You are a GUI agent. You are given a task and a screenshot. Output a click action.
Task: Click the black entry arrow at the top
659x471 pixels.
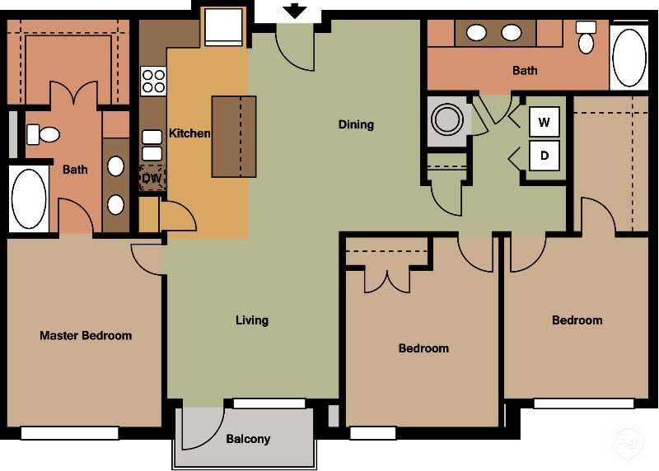tap(295, 11)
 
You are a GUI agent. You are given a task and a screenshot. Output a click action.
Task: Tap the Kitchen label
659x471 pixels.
tap(189, 133)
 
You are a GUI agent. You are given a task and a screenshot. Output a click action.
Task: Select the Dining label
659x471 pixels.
tap(356, 124)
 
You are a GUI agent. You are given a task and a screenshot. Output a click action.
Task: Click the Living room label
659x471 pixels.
tap(252, 320)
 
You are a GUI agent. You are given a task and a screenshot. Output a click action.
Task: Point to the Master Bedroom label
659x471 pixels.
tap(86, 335)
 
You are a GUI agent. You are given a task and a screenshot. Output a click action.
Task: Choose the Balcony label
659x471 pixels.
tap(248, 439)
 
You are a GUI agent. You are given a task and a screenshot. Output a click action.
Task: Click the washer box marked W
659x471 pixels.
tap(544, 123)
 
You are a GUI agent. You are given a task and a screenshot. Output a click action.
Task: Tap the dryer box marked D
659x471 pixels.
tap(544, 155)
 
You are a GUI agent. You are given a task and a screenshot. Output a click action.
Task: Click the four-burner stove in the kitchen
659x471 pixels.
tap(152, 81)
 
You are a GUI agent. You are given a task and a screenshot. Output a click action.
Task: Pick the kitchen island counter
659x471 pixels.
tap(234, 136)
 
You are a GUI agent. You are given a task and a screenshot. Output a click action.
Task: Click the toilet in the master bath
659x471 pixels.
tap(44, 133)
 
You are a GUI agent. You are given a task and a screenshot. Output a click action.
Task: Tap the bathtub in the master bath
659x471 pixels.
tap(29, 200)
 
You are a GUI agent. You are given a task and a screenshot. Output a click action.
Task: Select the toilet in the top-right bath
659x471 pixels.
tap(586, 37)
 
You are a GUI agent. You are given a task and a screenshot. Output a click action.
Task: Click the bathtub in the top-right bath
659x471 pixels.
tap(629, 55)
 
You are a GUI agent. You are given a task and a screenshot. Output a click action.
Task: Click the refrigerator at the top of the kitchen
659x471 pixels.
tap(223, 27)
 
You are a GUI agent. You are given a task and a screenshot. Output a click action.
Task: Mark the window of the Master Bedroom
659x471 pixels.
tap(70, 432)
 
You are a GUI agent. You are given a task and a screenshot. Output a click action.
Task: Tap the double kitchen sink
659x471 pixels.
tap(152, 145)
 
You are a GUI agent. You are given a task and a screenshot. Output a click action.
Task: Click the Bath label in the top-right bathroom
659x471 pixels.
tap(525, 71)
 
